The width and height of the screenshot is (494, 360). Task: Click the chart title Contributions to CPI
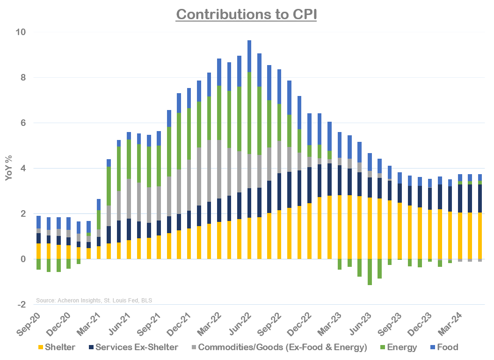tap(247, 14)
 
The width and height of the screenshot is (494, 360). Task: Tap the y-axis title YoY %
tap(8, 168)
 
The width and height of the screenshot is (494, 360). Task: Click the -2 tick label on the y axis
tap(22, 304)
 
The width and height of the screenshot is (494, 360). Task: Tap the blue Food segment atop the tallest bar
tap(249, 56)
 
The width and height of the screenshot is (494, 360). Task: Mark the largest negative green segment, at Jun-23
tap(370, 272)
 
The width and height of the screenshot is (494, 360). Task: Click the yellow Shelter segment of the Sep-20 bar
tap(38, 251)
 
